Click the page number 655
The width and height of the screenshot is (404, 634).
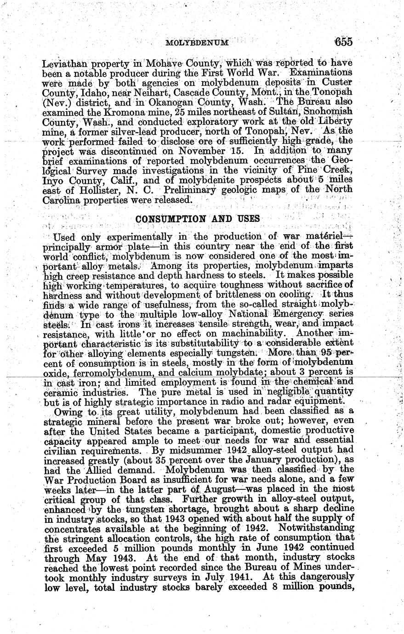point(343,42)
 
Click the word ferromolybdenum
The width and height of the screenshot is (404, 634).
point(102,372)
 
